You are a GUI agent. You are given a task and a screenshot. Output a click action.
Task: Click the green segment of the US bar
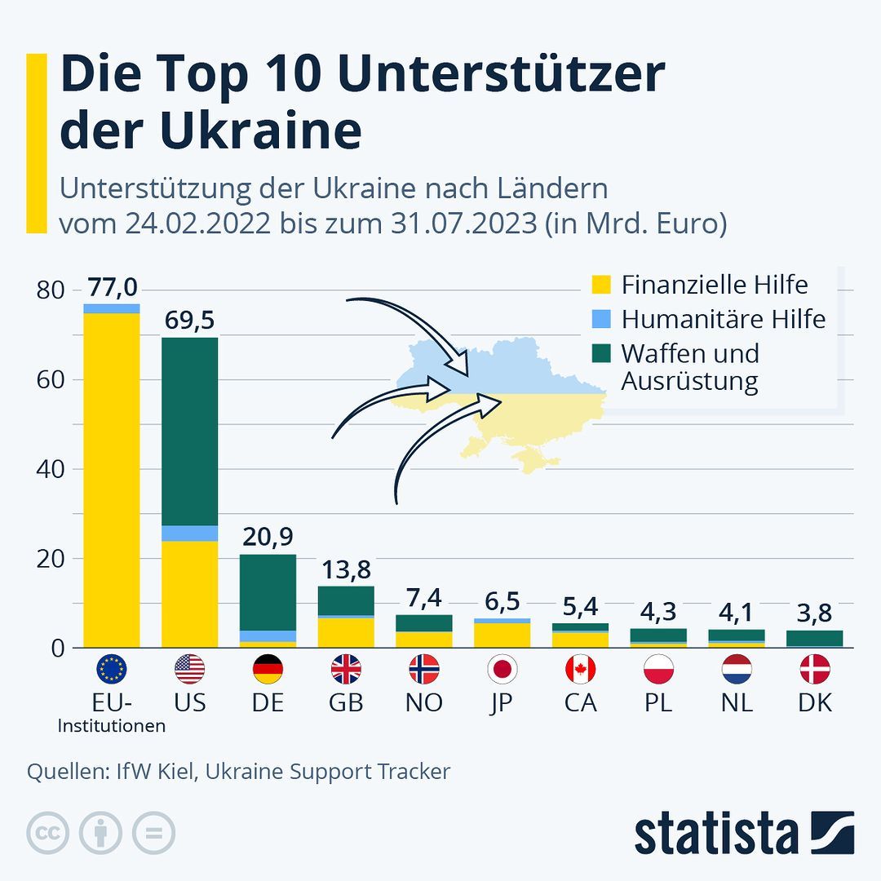(x=189, y=431)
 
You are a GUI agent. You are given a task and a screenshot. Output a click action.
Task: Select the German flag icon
(x=268, y=670)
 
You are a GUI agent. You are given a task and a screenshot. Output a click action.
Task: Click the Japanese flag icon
(x=502, y=670)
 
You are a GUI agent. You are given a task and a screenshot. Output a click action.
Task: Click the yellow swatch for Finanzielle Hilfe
(x=601, y=286)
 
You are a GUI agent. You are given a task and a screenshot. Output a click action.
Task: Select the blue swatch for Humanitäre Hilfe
(x=601, y=319)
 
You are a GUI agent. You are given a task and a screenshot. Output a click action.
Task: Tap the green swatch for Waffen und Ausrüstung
(x=601, y=353)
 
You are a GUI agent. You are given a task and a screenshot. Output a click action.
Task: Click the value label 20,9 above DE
(x=268, y=537)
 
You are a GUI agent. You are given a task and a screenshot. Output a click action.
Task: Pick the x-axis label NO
(x=423, y=702)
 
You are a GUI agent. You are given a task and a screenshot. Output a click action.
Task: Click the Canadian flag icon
(x=580, y=670)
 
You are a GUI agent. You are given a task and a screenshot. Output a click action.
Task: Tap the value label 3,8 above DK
(x=814, y=613)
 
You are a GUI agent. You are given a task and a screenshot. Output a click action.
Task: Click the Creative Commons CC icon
(x=47, y=834)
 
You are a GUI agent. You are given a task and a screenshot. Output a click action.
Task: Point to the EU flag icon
(x=112, y=670)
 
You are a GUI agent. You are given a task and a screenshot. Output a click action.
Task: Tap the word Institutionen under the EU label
(x=112, y=725)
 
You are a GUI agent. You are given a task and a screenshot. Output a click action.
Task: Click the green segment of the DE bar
(x=268, y=591)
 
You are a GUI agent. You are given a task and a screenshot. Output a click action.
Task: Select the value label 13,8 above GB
(x=346, y=569)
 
